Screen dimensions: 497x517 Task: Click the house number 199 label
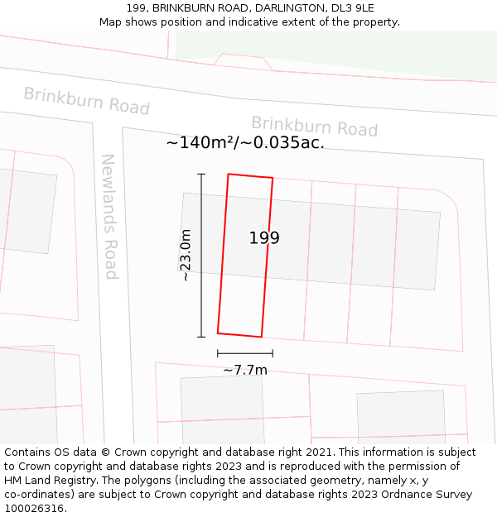[264, 238]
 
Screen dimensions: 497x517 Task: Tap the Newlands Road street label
[109, 217]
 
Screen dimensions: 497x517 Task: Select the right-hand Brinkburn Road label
[314, 127]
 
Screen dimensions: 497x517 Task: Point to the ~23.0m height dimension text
[186, 255]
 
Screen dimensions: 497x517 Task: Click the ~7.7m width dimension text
[245, 370]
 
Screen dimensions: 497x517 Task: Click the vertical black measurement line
[200, 255]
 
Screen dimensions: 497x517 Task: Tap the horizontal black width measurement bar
[245, 353]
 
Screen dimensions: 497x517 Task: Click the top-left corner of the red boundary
[229, 175]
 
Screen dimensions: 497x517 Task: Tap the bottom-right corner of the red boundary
[262, 337]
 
